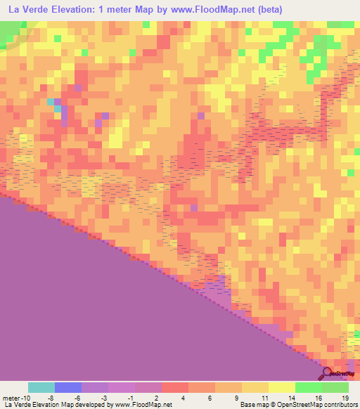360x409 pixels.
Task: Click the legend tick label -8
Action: coord(41,397)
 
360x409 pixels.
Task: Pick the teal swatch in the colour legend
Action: coord(41,387)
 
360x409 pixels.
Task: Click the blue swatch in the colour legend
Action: coord(68,387)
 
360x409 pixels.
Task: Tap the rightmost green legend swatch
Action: coord(335,387)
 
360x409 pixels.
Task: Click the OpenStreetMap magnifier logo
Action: coord(328,372)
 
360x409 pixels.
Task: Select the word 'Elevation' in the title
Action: coord(79,10)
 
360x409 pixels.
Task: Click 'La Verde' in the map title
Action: coord(27,10)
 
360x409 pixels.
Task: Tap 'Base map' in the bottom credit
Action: coord(254,405)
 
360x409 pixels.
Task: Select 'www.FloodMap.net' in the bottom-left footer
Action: coord(138,405)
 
